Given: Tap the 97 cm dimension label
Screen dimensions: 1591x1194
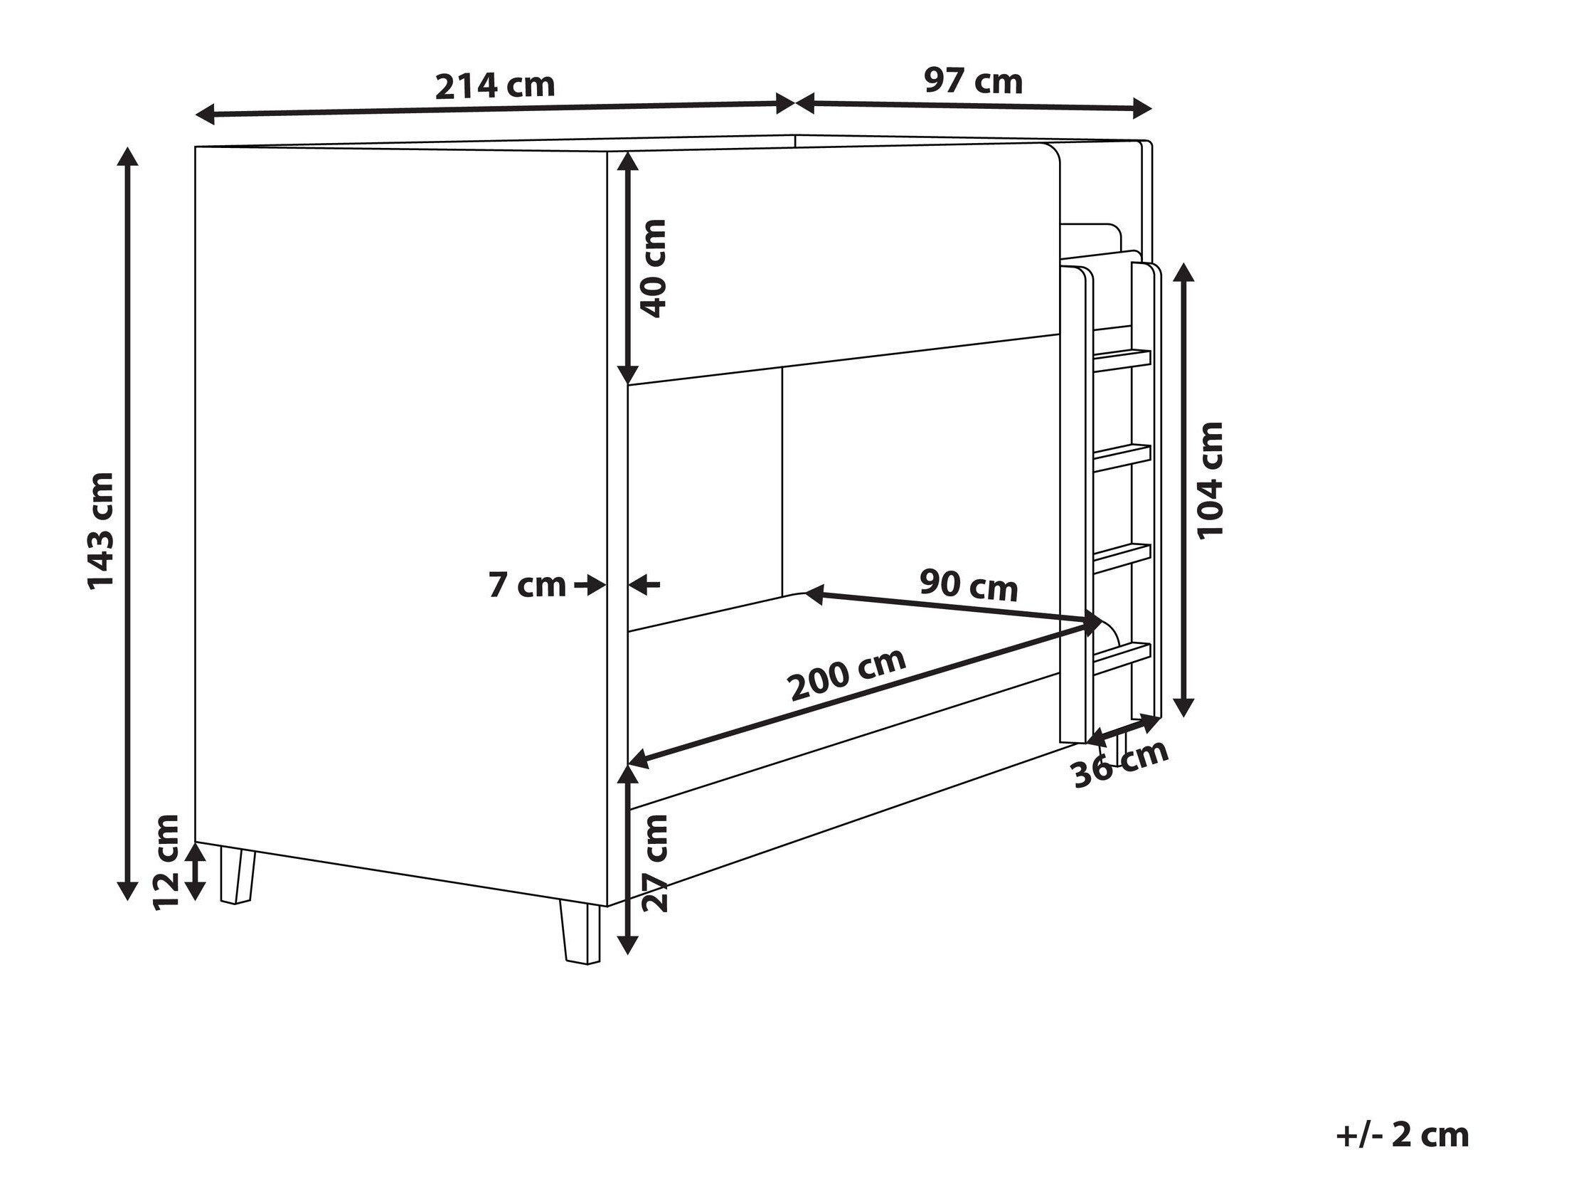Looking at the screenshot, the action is [x=973, y=81].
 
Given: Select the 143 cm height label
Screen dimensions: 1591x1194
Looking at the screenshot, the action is [x=101, y=531].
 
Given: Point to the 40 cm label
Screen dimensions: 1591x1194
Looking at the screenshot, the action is [x=653, y=268].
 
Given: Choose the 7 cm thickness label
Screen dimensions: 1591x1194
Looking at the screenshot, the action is [x=527, y=585].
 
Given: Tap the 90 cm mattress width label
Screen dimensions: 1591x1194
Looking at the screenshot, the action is [x=969, y=585].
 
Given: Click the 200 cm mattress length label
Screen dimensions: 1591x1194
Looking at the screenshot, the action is [x=847, y=675].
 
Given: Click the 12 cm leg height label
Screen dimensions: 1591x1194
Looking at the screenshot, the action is [x=166, y=862].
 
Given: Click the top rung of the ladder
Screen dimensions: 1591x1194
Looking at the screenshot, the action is [x=1122, y=358].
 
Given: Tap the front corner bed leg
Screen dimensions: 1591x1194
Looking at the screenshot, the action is [x=580, y=934].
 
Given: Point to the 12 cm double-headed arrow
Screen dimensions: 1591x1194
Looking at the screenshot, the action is [x=193, y=872].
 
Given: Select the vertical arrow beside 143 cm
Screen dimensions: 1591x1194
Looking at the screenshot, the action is [x=128, y=524].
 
